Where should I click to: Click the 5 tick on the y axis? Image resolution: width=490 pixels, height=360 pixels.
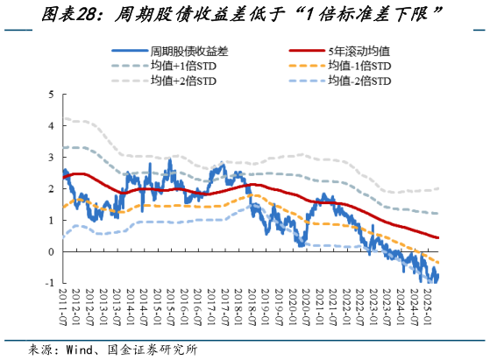(51, 94)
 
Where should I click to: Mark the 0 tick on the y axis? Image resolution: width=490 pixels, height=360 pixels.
(51, 251)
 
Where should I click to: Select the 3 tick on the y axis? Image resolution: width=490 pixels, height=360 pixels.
(51, 157)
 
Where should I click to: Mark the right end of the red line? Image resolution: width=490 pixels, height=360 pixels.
(438, 237)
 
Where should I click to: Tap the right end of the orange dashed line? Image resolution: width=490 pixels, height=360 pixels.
(438, 264)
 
